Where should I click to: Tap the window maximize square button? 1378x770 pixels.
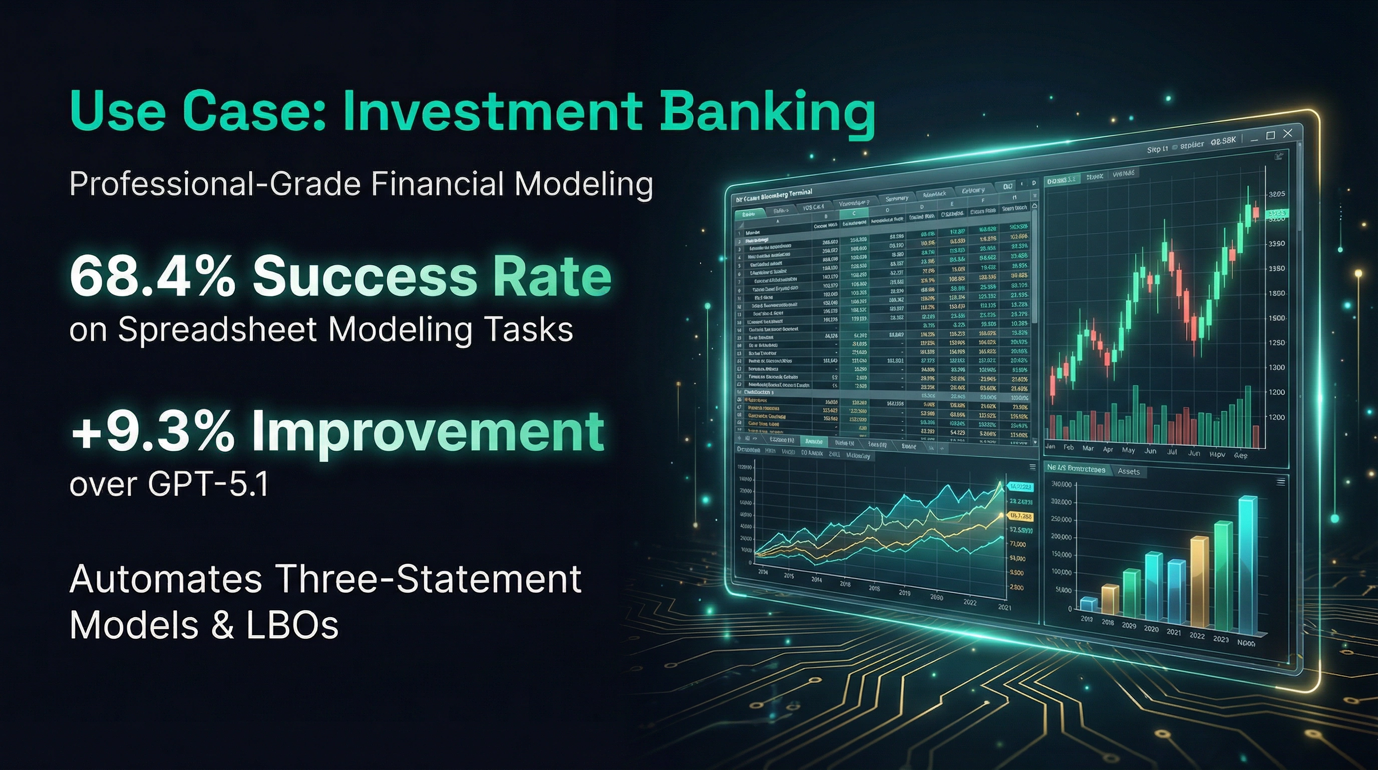1271,135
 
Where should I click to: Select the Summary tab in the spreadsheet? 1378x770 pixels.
897,199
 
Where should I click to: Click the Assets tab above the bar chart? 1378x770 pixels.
1129,472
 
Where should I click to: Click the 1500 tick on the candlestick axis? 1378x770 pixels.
1277,318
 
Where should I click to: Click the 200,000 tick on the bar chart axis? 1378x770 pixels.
1062,537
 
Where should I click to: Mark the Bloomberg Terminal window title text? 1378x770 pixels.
774,195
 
